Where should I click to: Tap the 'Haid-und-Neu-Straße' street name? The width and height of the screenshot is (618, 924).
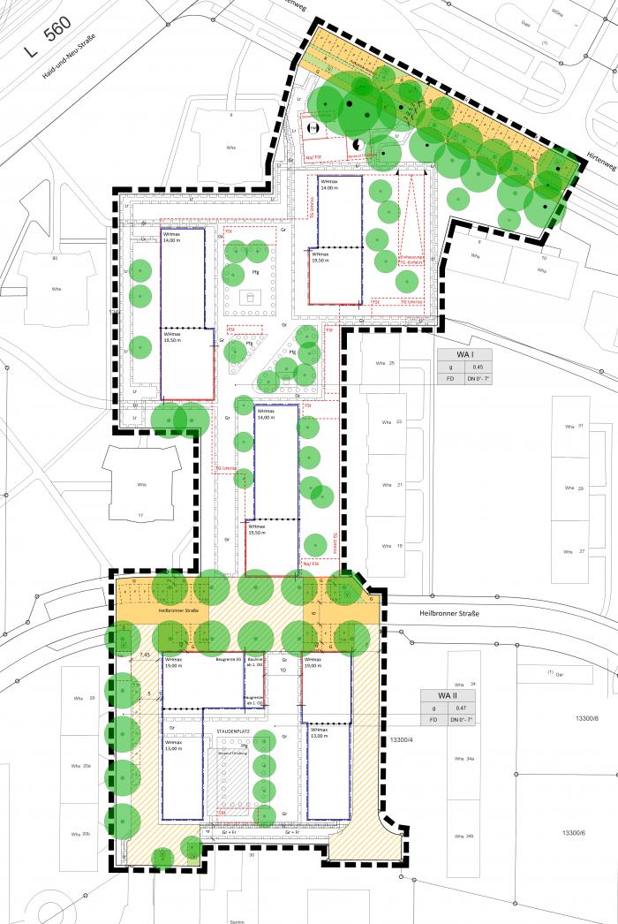point(69,57)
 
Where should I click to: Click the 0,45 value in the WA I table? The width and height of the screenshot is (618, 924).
point(477,367)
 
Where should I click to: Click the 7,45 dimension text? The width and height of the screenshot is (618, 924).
point(146,655)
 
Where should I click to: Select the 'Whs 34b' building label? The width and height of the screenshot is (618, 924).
point(464,836)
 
